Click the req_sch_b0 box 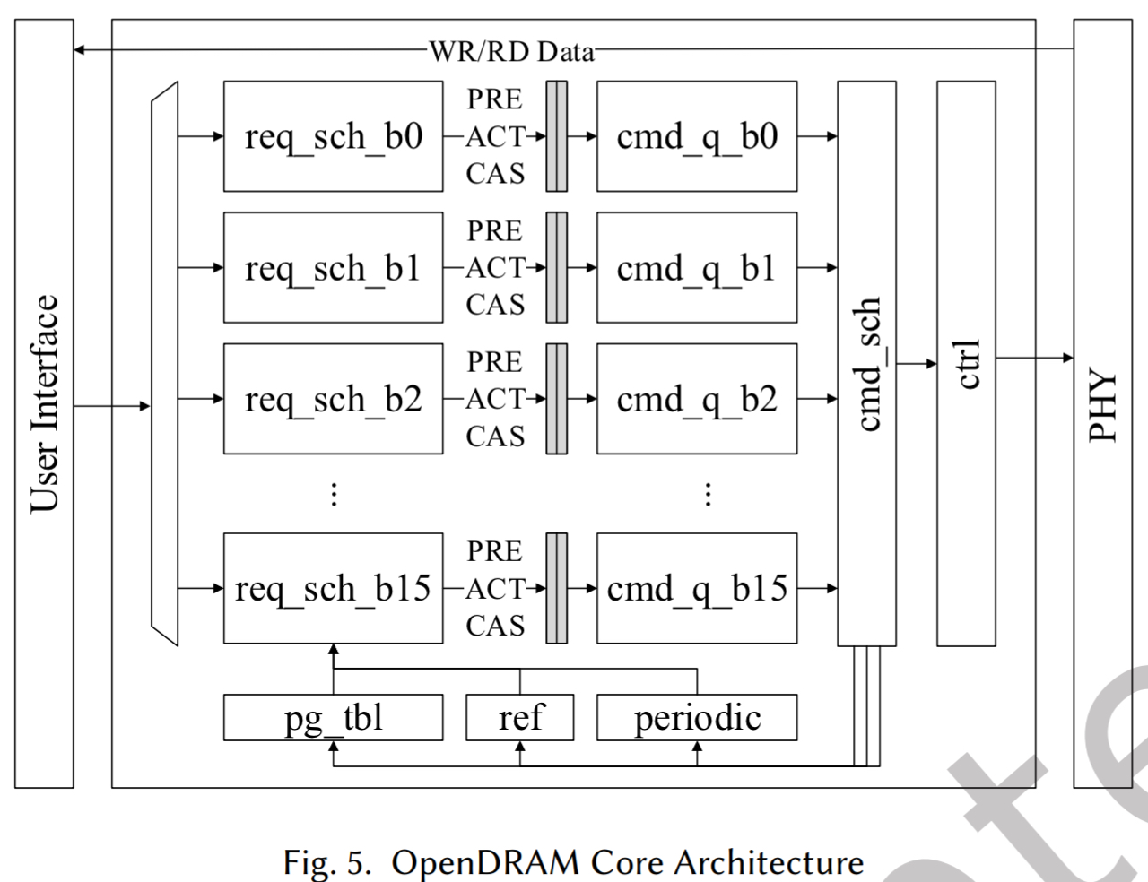coord(333,136)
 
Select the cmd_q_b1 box coord(697,267)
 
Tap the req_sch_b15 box coord(333,588)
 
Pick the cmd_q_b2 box coord(697,399)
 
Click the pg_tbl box coord(333,718)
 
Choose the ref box coord(520,718)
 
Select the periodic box coord(697,718)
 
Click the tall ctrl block coord(966,363)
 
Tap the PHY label coord(1102,406)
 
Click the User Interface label coord(44,403)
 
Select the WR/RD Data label coord(511,51)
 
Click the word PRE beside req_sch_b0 coord(494,99)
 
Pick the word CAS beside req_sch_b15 coord(494,625)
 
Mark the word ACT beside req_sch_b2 coord(494,399)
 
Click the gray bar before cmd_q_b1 coord(557,267)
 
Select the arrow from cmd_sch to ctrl coord(917,363)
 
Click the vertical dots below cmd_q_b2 coord(709,494)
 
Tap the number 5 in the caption coord(359,862)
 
